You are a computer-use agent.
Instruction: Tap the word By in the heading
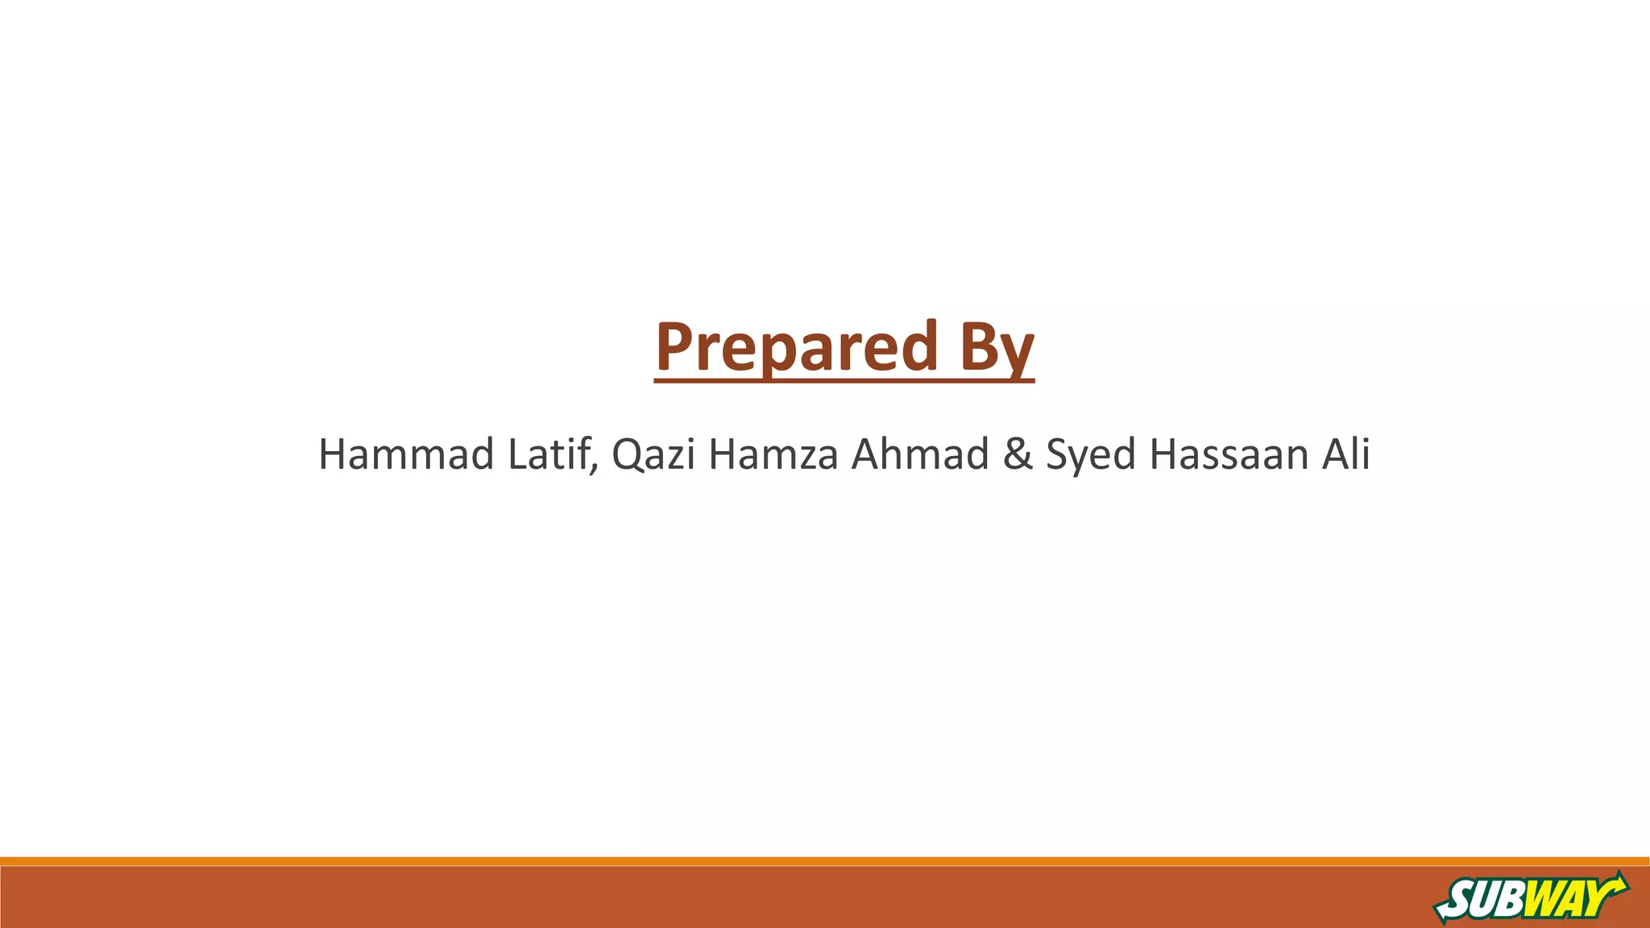[x=997, y=347]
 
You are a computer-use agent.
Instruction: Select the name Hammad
[x=406, y=454]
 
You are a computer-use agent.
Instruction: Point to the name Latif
[x=551, y=454]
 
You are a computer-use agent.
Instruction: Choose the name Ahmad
[x=920, y=454]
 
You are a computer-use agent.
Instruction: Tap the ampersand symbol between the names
[x=1018, y=454]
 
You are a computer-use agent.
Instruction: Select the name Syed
[x=1091, y=454]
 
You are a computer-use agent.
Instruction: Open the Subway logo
[x=1531, y=897]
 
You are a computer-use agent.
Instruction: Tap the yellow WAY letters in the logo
[x=1563, y=897]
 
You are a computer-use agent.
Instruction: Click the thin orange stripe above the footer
[x=825, y=861]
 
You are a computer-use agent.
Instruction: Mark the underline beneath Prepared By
[x=844, y=379]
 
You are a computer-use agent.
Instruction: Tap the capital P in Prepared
[x=675, y=347]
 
